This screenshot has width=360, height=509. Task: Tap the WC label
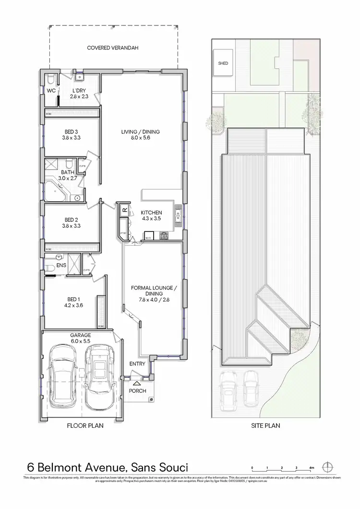click(x=50, y=91)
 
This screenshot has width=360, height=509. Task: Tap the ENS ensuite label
click(x=61, y=265)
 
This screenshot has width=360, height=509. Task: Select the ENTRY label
click(x=137, y=364)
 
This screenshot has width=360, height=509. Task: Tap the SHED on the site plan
click(x=223, y=63)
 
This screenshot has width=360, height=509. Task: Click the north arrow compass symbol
click(x=328, y=467)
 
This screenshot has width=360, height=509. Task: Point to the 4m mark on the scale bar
click(x=312, y=467)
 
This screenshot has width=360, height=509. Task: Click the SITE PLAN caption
click(x=265, y=425)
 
